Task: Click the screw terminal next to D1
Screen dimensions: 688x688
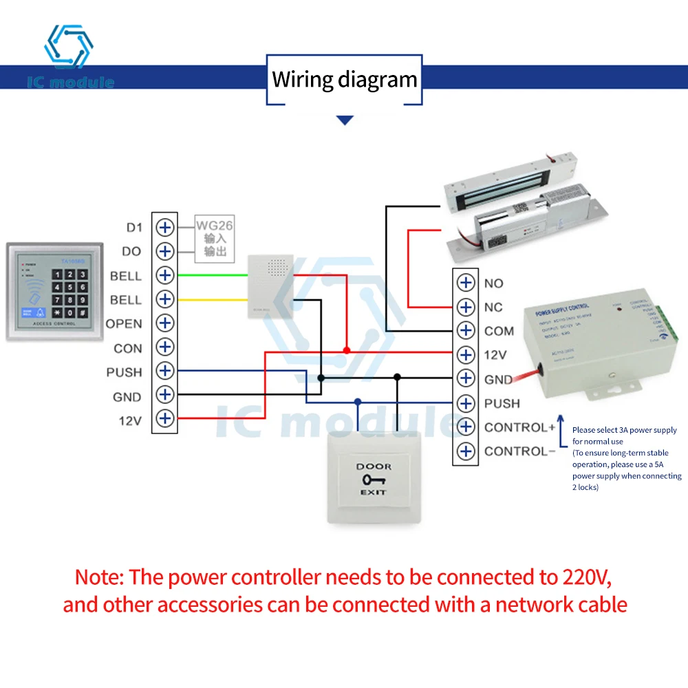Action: [x=164, y=228]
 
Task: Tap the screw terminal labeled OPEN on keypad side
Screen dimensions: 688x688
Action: [x=164, y=323]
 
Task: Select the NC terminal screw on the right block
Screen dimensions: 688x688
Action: [x=466, y=307]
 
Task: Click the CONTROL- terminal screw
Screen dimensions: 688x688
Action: [x=466, y=451]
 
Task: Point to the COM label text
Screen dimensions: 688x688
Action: [x=499, y=331]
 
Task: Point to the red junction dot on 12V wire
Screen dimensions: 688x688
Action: [x=347, y=351]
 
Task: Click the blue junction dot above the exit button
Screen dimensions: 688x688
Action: [x=357, y=401]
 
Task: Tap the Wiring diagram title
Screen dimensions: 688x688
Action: [x=344, y=80]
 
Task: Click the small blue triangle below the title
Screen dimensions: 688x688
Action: [x=345, y=120]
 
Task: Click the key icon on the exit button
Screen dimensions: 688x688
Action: [x=372, y=479]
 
